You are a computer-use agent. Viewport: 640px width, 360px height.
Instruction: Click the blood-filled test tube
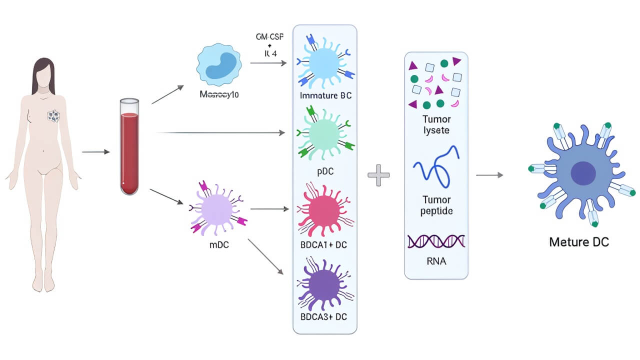click(129, 147)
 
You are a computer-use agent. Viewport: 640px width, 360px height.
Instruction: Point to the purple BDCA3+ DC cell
click(324, 282)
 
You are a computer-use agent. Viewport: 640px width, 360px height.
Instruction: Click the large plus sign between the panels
click(378, 175)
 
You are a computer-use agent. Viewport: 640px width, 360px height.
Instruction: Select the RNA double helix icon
click(436, 242)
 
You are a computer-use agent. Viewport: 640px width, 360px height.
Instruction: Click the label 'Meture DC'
click(578, 242)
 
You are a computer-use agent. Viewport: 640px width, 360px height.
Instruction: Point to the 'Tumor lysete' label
click(436, 124)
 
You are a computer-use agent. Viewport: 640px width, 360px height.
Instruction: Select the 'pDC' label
click(324, 171)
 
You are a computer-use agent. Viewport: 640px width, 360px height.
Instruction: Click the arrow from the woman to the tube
click(95, 151)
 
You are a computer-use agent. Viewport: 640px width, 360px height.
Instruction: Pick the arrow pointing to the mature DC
click(489, 175)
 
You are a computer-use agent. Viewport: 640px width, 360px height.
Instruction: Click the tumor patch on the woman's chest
click(53, 116)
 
